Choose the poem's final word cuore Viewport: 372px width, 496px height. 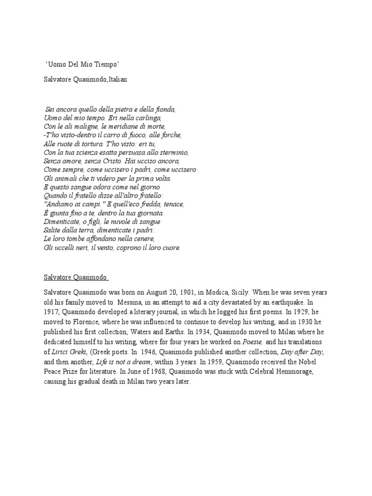(170, 248)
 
